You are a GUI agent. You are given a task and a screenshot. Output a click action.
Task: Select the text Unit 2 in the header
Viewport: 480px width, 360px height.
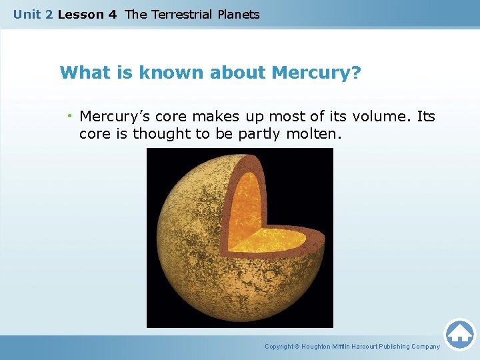33,14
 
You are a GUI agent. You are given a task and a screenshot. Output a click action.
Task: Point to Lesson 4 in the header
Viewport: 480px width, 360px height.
87,14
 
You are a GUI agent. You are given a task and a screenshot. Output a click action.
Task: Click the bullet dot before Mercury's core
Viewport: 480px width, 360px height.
70,117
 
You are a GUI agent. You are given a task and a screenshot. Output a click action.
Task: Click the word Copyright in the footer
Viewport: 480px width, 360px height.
279,347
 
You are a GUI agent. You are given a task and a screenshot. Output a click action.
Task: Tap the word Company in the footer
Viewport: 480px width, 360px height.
425,347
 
